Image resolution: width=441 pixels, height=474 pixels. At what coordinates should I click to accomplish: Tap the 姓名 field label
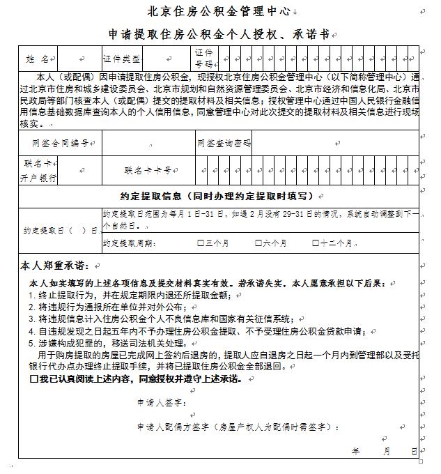[x=38, y=59]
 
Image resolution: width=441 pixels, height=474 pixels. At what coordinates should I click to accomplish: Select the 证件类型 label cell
[x=121, y=59]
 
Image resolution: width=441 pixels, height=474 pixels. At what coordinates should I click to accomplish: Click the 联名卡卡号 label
[x=147, y=169]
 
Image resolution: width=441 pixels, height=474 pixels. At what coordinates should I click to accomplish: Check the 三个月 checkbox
[x=201, y=243]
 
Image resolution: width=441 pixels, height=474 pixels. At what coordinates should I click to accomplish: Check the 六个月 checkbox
[x=258, y=243]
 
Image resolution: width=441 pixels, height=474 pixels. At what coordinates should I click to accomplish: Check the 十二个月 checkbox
[x=316, y=243]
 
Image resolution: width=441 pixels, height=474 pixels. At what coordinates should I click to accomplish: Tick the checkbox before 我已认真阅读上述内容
[x=34, y=380]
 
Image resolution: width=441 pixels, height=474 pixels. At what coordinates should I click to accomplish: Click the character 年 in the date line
[x=356, y=451]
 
